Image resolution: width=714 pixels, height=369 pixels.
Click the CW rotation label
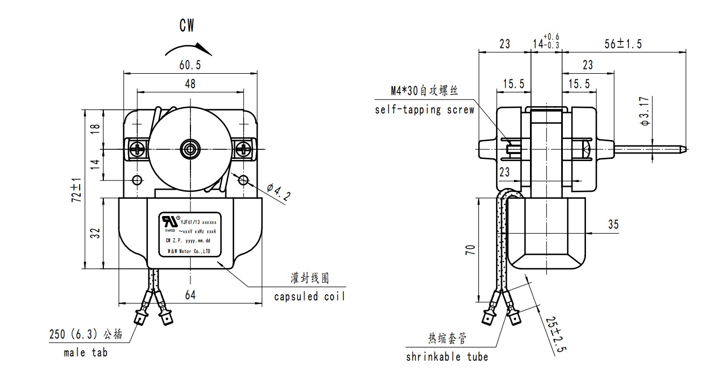point(187,26)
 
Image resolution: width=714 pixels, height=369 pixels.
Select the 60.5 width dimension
point(190,65)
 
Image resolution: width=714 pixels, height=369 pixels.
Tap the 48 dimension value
point(190,83)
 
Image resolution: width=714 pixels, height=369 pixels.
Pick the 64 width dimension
point(190,295)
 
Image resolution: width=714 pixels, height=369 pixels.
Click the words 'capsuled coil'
point(309,297)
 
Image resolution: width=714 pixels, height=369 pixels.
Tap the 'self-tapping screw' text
point(425,110)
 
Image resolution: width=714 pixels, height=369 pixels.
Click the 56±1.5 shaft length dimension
point(623,44)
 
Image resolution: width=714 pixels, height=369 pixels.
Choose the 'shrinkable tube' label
point(447,357)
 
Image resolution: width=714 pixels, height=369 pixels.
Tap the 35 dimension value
point(613,224)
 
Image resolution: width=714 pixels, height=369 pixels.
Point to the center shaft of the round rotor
point(190,149)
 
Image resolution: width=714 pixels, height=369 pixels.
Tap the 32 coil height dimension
point(95,233)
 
